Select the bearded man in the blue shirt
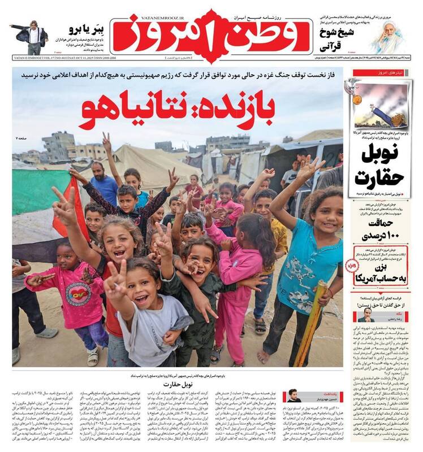click(x=102, y=181)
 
